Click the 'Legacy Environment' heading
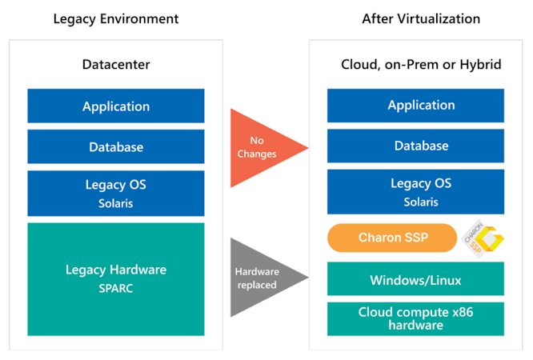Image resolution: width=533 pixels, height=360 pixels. tap(115, 19)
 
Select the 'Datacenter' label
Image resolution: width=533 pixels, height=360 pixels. tap(115, 64)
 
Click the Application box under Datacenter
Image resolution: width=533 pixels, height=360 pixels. tap(116, 106)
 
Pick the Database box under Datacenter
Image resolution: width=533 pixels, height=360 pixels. tap(116, 146)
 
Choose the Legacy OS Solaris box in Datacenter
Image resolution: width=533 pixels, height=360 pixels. tap(116, 193)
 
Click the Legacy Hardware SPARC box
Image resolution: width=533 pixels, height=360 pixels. tap(116, 278)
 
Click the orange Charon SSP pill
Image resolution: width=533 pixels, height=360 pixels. tap(391, 238)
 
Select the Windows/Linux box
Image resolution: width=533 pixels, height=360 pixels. tap(415, 280)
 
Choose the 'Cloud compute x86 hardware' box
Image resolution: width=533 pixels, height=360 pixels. tap(415, 318)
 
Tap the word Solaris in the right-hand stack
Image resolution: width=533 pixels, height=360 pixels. tap(420, 202)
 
